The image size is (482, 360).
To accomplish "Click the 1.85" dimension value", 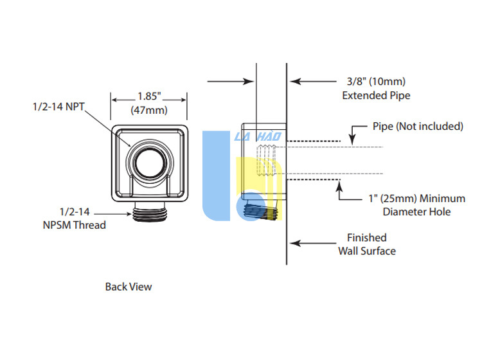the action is [149, 96].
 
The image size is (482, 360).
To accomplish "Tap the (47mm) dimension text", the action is [149, 110].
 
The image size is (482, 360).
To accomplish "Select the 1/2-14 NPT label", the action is [58, 107].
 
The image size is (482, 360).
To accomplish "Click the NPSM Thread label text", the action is [75, 225].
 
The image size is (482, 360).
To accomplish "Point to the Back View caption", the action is [129, 287].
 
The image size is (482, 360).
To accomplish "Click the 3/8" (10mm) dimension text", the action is [376, 82].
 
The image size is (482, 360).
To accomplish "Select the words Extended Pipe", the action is [376, 95].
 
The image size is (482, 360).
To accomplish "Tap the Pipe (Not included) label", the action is [418, 127].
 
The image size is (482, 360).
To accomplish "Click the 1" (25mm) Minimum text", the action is [417, 198].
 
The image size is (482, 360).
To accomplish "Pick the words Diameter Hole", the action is [417, 212].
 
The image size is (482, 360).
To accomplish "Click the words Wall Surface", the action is [367, 251].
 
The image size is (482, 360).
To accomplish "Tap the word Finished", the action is [367, 238].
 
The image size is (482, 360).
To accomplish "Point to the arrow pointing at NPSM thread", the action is [112, 213].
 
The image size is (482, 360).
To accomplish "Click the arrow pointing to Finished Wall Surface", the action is [313, 244].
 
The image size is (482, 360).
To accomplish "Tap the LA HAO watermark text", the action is [258, 136].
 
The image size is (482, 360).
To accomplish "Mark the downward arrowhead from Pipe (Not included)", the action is [352, 140].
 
